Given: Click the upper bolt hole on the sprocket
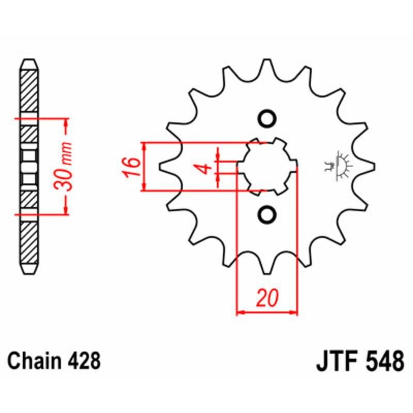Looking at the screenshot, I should pos(267,119).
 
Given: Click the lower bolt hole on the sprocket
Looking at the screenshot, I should pos(267,214).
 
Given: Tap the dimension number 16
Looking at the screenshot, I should pos(131,167).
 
